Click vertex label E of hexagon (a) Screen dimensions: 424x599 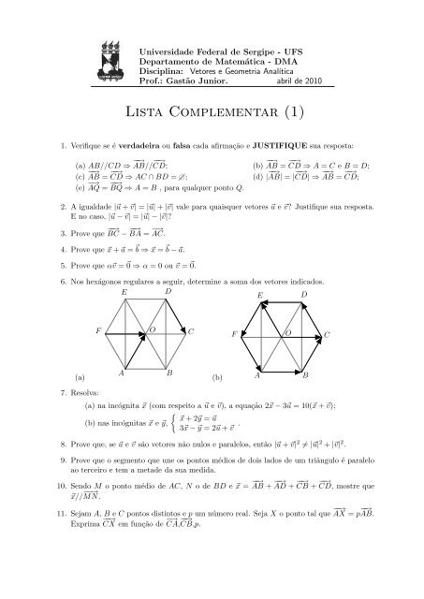pos(124,293)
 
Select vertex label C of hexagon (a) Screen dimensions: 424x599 pos(191,331)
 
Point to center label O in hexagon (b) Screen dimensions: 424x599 pos(287,332)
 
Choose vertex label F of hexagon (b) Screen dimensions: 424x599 pos(234,334)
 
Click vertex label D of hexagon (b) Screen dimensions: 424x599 pos(304,295)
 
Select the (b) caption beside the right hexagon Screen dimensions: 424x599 pos(218,377)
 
